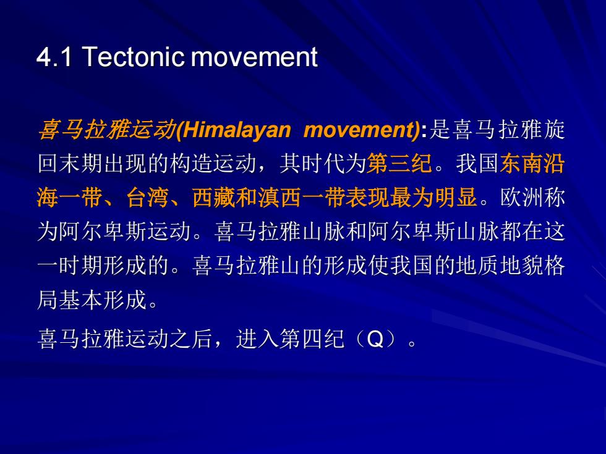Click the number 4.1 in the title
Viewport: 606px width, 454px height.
pos(54,57)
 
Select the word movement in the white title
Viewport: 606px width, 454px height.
pos(254,57)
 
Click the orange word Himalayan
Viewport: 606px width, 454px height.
pos(236,130)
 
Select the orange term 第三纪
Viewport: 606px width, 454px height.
pos(399,163)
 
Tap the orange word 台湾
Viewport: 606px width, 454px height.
pos(148,197)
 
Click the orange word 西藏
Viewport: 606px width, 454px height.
pos(214,197)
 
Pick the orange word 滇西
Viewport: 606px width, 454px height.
pos(280,197)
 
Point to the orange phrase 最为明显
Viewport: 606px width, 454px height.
pos(433,197)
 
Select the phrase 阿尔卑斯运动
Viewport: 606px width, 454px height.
pos(125,231)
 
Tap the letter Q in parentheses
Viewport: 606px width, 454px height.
pos(375,339)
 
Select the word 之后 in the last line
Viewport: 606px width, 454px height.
pos(192,339)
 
